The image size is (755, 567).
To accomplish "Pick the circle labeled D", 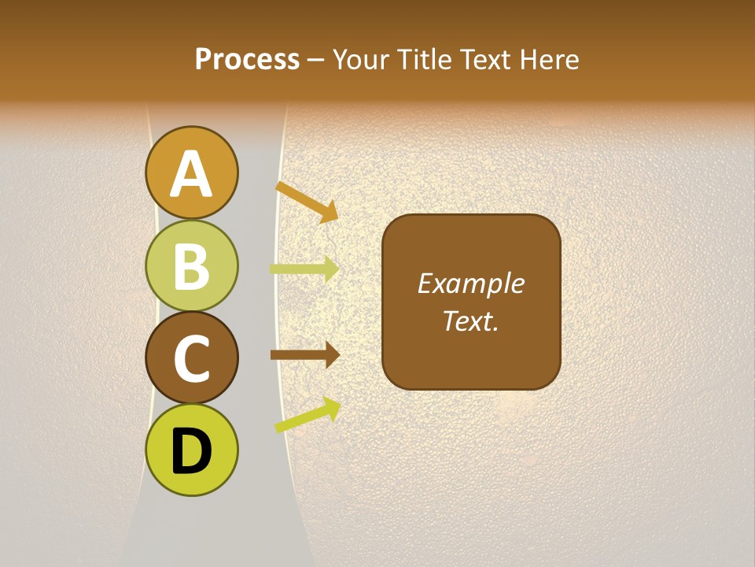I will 192,450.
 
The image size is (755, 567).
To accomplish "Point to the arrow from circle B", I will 304,269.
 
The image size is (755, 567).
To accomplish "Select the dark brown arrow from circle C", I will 304,355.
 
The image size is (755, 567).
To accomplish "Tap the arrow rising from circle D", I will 308,415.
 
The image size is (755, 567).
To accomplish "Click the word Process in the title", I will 247,59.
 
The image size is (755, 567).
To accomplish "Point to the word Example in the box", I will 470,283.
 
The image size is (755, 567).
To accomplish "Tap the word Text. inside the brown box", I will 470,321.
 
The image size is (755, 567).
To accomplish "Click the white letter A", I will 192,174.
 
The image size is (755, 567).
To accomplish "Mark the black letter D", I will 192,451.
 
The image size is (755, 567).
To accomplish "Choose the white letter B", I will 192,266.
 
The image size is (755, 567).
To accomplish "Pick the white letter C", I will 192,358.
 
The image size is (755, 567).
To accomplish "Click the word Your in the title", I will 363,60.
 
